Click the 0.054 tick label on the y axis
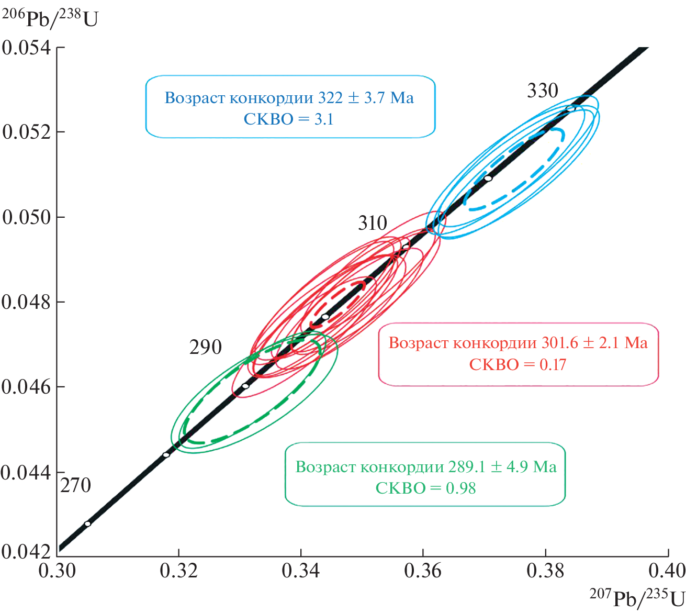pyautogui.click(x=27, y=48)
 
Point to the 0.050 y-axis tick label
pyautogui.click(x=27, y=217)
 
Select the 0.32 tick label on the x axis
pyautogui.click(x=179, y=571)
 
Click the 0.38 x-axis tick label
pyautogui.click(x=546, y=571)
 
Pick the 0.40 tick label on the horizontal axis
pyautogui.click(x=667, y=571)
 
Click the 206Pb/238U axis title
pyautogui.click(x=50, y=17)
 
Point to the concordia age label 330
pyautogui.click(x=543, y=91)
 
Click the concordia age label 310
pyautogui.click(x=373, y=224)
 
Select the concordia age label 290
pyautogui.click(x=206, y=347)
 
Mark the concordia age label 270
pyautogui.click(x=76, y=486)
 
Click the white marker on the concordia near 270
pyautogui.click(x=87, y=523)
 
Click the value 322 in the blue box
pyautogui.click(x=331, y=98)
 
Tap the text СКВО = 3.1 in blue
pyautogui.click(x=289, y=119)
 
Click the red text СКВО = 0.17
pyautogui.click(x=518, y=364)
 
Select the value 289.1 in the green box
pyautogui.click(x=467, y=466)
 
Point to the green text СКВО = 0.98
pyautogui.click(x=425, y=488)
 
